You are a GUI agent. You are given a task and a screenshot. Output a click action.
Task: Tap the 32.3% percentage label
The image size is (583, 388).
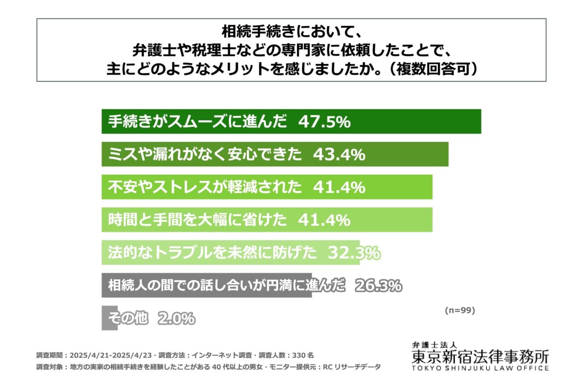pyautogui.click(x=354, y=252)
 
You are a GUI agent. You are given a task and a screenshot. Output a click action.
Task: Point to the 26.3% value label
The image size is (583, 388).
pyautogui.click(x=378, y=286)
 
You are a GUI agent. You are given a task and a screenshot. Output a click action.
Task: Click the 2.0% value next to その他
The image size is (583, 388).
pyautogui.click(x=176, y=319)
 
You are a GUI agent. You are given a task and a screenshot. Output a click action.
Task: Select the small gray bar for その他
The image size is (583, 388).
pyautogui.click(x=109, y=318)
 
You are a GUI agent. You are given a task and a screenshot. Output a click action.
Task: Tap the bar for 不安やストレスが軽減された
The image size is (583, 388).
pyautogui.click(x=398, y=187)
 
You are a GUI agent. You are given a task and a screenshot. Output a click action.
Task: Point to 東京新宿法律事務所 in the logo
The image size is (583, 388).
pyautogui.click(x=480, y=357)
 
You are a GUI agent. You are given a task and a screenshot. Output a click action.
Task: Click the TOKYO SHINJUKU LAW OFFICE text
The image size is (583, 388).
pyautogui.click(x=480, y=369)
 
